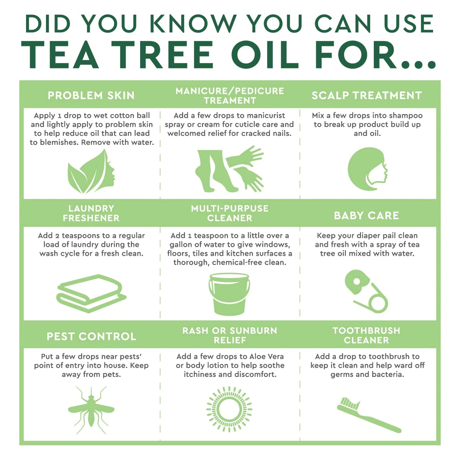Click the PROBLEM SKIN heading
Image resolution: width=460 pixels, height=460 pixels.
coord(91,96)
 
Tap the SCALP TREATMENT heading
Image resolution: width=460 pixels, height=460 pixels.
coord(367,96)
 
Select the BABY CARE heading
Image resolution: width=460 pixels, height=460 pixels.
coord(366,216)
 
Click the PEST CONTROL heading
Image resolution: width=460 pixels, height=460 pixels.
coord(91,336)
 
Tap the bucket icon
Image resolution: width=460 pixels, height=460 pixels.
coord(229,294)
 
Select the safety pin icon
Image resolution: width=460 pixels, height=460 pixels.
coord(366,291)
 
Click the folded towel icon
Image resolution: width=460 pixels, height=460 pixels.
coord(91,293)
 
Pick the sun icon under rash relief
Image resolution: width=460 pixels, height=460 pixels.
coord(229,409)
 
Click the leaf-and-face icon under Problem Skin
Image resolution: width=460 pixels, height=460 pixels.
coord(91,172)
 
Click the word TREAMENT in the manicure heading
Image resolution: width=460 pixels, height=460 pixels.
coord(230,101)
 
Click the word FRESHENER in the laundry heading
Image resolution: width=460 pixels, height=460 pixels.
coord(91,218)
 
